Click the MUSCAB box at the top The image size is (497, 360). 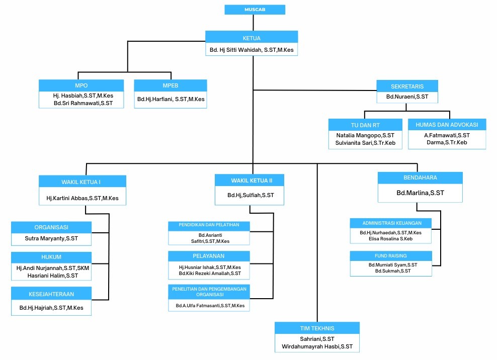tap(255, 10)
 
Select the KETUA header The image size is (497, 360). tap(251, 37)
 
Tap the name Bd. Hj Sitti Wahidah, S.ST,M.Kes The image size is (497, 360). tap(251, 50)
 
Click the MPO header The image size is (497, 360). tap(81, 85)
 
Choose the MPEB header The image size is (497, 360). tap(171, 85)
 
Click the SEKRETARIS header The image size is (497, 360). tap(406, 85)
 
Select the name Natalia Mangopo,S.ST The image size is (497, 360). tap(365, 135)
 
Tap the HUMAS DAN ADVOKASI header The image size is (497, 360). tap(447, 124)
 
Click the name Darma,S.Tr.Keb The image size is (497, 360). tap(447, 143)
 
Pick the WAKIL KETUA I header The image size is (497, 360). tap(82, 181)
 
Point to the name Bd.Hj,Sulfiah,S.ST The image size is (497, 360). tap(250, 195)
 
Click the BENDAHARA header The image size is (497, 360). tap(420, 177)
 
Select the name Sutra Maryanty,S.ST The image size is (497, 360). tap(51, 238)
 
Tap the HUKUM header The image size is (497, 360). tap(51, 257)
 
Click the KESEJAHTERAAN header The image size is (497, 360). tap(51, 293)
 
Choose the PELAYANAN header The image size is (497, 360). tap(209, 256)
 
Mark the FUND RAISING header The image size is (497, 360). tap(391, 256)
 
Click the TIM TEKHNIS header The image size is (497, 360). tap(317, 328)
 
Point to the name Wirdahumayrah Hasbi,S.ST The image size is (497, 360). tap(317, 347)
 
